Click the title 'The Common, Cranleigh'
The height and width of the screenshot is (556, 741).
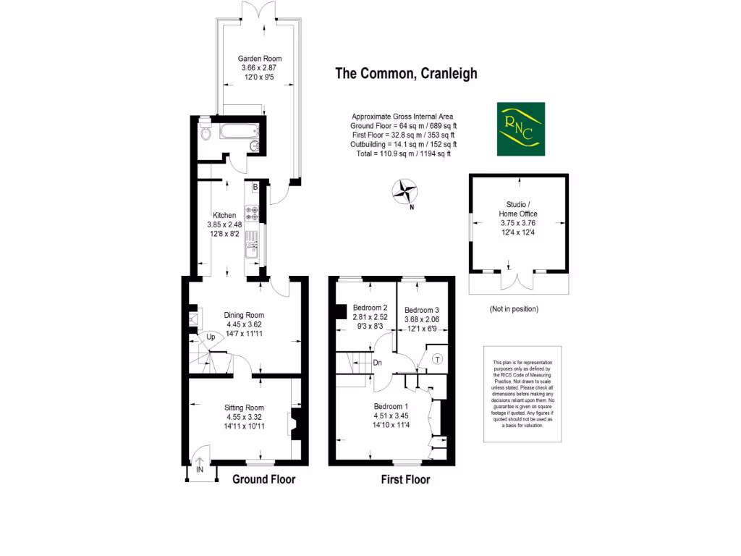click(x=405, y=73)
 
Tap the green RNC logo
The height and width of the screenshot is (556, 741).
click(x=520, y=130)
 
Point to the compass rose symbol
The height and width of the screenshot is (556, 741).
click(x=405, y=193)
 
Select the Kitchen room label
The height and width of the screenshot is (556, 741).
click(x=224, y=216)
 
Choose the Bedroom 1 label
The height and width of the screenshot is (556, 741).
click(x=391, y=406)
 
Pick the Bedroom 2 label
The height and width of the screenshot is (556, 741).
click(x=370, y=308)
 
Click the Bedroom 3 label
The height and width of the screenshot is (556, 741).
click(x=421, y=309)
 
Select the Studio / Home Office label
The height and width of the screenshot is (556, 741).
click(x=517, y=208)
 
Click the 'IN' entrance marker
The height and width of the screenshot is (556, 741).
click(x=199, y=470)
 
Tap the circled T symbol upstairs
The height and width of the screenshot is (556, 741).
click(x=437, y=359)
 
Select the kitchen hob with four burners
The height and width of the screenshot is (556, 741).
click(x=253, y=213)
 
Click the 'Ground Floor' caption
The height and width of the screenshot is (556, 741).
click(x=263, y=479)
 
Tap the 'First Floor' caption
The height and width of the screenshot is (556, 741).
click(x=405, y=479)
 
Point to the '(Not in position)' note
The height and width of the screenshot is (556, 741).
click(x=514, y=309)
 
